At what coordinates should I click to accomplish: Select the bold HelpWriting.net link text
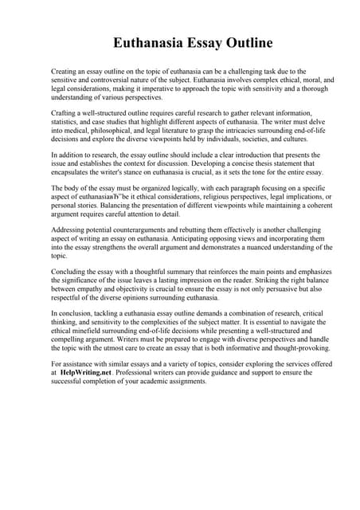86,372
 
